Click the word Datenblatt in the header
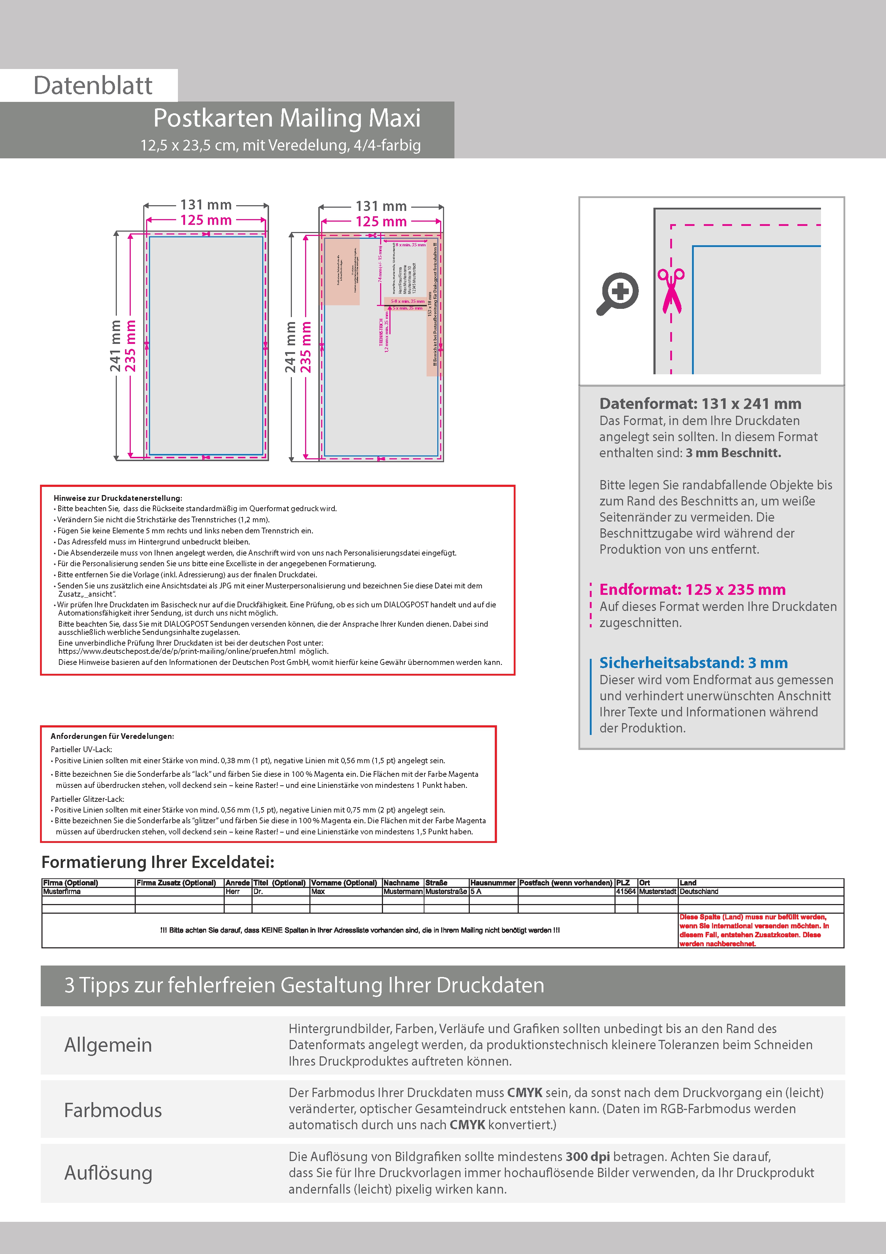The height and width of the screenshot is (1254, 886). pos(93,86)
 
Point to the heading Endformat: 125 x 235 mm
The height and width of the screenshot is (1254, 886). pos(692,589)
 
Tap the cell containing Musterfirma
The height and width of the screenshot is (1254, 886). pos(62,891)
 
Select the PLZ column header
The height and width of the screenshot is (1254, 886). pos(623,883)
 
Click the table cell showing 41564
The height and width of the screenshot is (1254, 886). pos(626,891)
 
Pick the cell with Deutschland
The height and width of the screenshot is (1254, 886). pos(699,891)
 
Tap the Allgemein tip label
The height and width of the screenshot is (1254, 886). pos(108,1045)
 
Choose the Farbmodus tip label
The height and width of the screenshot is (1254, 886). pos(113,1110)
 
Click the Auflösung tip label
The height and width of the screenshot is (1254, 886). pos(108,1172)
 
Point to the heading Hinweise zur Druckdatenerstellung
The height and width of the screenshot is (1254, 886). pos(118,498)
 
